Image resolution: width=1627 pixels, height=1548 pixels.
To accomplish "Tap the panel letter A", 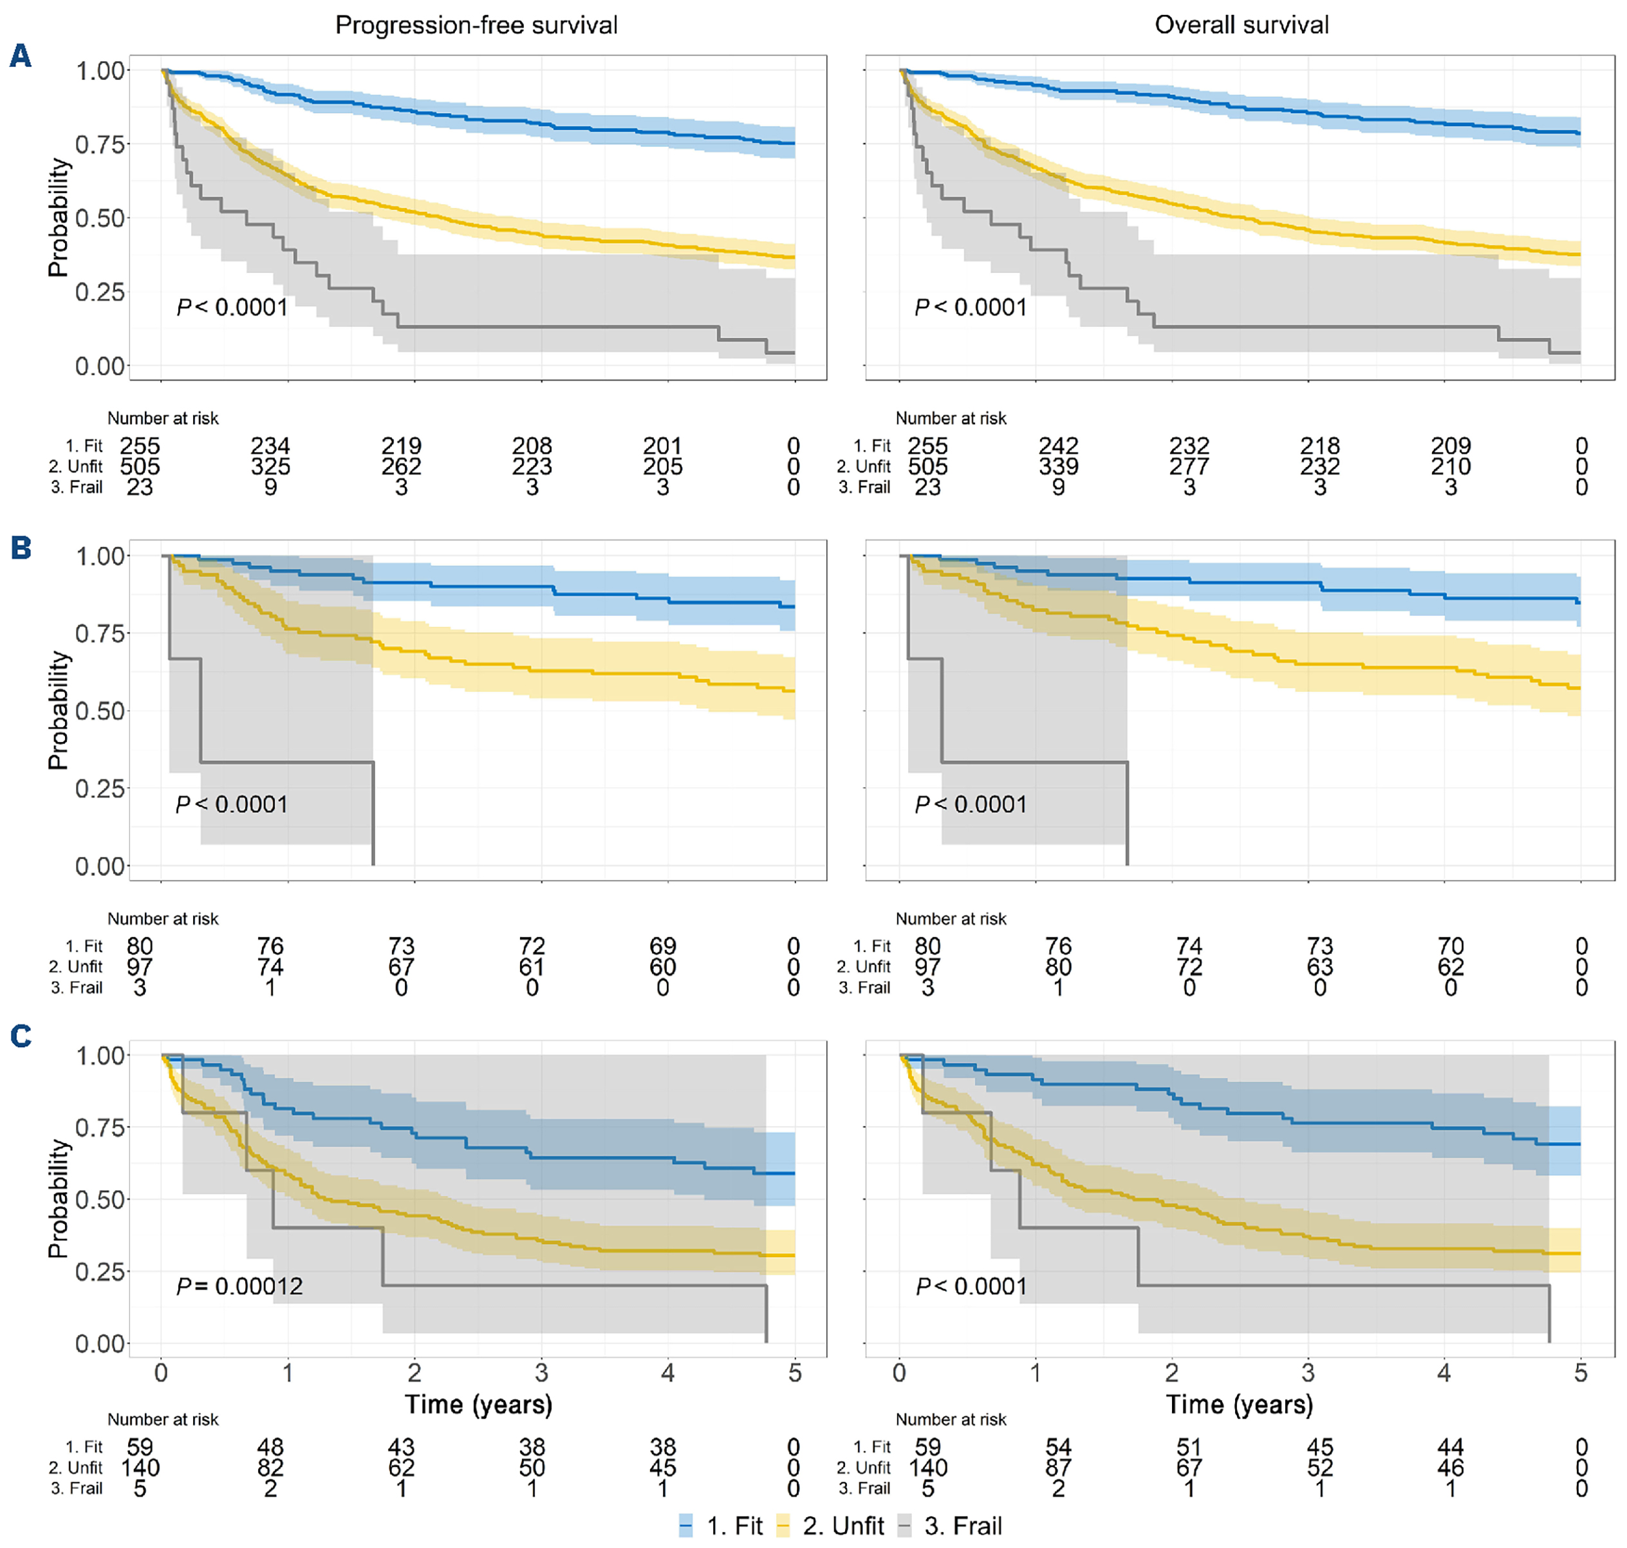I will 21,56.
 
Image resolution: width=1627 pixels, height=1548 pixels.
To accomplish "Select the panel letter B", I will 21,548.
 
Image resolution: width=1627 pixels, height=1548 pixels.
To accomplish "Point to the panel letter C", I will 21,1036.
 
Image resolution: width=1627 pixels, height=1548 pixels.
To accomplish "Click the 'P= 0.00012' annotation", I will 239,1287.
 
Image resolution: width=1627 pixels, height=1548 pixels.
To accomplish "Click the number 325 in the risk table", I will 270,467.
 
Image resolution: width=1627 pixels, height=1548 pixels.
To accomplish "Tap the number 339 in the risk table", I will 1059,467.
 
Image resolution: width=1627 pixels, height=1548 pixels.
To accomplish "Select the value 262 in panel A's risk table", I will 401,467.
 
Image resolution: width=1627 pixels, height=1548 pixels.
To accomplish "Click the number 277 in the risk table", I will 1189,467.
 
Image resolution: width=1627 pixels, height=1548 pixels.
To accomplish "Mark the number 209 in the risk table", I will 1451,447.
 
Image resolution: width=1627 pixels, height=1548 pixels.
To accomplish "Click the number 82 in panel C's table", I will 270,1468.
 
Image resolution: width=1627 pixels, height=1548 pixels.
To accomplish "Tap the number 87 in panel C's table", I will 1059,1468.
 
